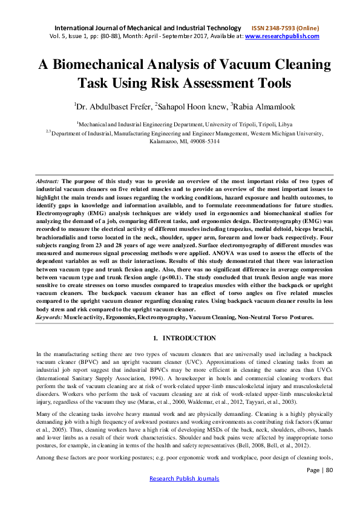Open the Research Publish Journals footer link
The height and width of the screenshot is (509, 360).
point(180,496)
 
